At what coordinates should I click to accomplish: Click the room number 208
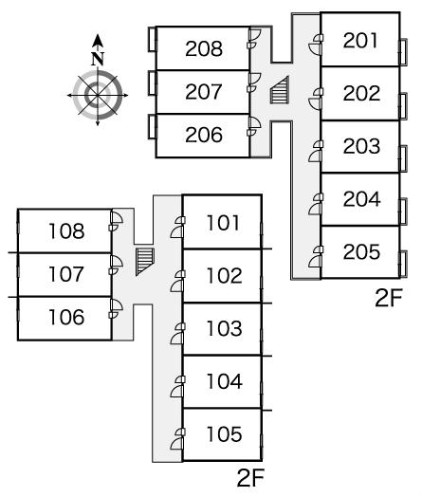tap(204, 48)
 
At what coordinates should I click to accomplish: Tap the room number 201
tap(360, 41)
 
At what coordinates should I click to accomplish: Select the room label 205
tap(361, 251)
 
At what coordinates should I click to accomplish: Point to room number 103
tap(225, 328)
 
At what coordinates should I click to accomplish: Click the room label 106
tap(66, 317)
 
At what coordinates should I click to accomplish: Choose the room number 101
tap(223, 223)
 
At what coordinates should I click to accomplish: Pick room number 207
tap(204, 92)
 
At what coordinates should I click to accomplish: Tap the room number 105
tap(225, 433)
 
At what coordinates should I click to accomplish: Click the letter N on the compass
tap(98, 59)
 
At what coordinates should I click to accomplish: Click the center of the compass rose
tap(98, 95)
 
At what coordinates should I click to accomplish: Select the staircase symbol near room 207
tap(280, 90)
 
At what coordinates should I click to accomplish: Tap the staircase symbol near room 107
tap(145, 262)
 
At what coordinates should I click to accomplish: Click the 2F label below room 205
tap(389, 298)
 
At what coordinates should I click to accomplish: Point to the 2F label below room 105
tap(250, 478)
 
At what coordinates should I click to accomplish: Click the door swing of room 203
tap(315, 156)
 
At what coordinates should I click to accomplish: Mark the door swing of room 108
tap(117, 217)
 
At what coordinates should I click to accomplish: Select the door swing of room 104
tap(177, 391)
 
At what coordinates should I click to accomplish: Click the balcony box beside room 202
tap(403, 106)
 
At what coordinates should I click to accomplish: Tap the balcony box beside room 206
tap(153, 127)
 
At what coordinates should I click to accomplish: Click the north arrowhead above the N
tap(98, 40)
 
